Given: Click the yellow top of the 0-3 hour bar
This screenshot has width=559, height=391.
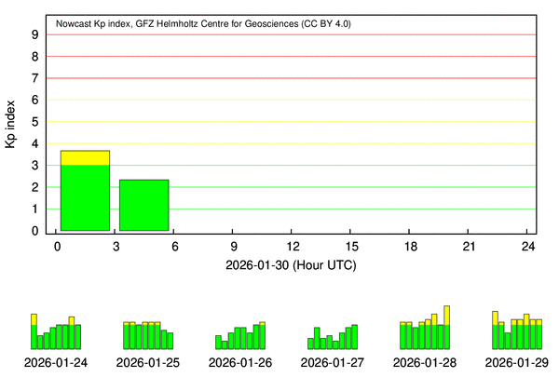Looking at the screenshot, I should point(85,158).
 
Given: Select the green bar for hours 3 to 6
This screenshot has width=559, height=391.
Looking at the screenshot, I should point(143,205).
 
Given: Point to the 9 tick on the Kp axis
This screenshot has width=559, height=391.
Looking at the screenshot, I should point(34,34).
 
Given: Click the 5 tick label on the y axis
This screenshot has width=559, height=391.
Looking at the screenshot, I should point(34,122).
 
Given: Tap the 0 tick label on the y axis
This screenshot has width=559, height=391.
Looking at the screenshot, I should point(34,231).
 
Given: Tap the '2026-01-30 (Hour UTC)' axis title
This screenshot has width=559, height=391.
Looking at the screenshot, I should point(291,265).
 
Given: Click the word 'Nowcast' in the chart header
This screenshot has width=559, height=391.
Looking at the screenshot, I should point(76,21).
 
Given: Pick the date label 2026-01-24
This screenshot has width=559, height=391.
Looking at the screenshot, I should point(56,362).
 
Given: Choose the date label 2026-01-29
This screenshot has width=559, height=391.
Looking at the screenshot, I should point(516,362).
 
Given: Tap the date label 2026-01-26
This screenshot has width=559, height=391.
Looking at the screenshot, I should point(240,362).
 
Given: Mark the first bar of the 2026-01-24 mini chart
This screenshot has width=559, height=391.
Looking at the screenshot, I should point(34,332).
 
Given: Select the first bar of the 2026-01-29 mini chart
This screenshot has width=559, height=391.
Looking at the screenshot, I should point(495,330).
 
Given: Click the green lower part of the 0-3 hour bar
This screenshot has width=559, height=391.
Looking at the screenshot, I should point(85,197).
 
